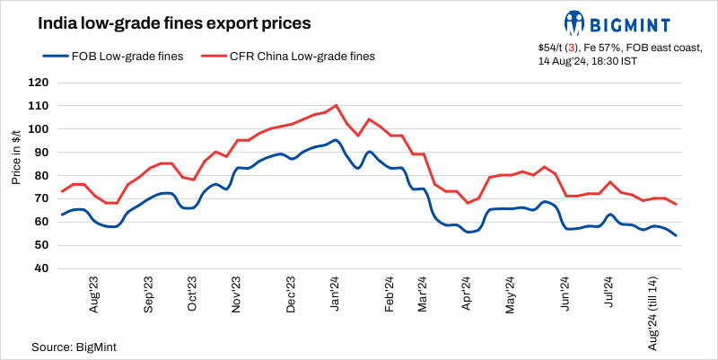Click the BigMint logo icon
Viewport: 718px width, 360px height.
575,22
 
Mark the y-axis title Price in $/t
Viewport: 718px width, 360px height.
17,157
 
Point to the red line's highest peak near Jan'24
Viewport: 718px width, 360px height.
336,105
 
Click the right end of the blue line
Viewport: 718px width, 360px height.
676,236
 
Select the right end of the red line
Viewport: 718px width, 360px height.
676,205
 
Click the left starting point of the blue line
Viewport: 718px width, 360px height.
61,215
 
